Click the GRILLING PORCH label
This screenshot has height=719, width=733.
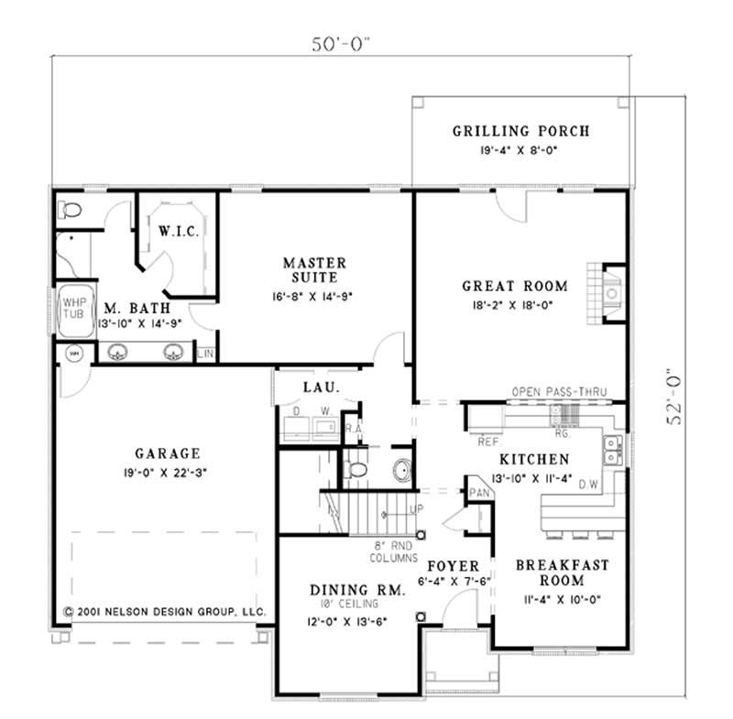520,131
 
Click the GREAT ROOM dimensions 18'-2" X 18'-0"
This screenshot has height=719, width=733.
514,305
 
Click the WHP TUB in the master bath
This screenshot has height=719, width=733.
71,306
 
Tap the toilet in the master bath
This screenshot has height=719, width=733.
69,211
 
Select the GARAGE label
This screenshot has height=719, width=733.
168,453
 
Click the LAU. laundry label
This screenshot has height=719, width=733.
322,387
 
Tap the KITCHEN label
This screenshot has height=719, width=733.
534,459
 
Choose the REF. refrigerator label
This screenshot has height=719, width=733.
487,441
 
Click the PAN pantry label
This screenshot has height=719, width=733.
479,492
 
